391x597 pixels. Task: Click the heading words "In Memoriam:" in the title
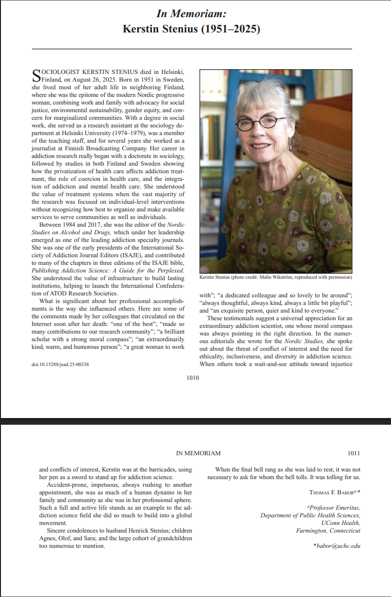(192, 13)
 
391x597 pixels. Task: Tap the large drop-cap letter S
(36, 75)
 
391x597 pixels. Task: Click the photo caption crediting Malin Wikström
(275, 277)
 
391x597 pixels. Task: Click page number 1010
(193, 378)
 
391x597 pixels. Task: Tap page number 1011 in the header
(354, 453)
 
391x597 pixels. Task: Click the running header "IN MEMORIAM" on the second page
(198, 453)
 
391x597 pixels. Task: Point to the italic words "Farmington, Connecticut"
(328, 530)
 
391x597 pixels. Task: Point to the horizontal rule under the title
(192, 49)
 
